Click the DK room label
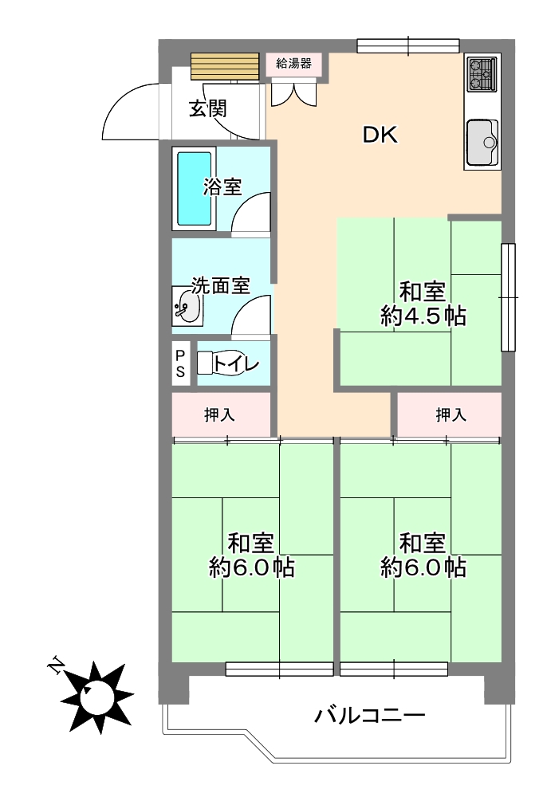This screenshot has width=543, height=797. click(x=380, y=135)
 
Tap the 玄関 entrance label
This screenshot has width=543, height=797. click(x=208, y=108)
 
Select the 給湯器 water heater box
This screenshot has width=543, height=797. click(x=294, y=64)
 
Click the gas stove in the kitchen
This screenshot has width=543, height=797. click(x=482, y=74)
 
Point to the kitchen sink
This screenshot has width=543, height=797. click(x=482, y=143)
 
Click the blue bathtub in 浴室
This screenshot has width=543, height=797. click(x=195, y=189)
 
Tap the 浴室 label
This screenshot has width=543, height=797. click(x=222, y=187)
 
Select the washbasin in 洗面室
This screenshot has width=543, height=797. click(x=187, y=307)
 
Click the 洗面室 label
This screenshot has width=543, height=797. click(x=221, y=285)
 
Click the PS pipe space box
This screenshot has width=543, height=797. click(x=180, y=363)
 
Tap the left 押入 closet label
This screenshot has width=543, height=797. click(x=219, y=415)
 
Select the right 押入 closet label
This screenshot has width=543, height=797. click(x=451, y=415)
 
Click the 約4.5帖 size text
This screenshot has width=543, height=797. click(x=423, y=316)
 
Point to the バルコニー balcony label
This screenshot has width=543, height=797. click(x=370, y=717)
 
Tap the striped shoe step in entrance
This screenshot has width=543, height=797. click(x=225, y=67)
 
